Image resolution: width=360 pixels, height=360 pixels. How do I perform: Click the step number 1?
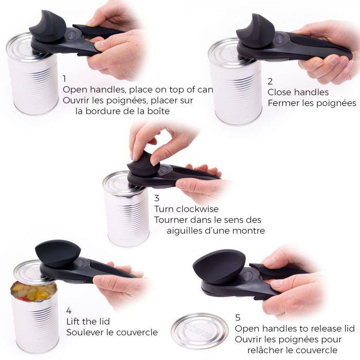point(64,79)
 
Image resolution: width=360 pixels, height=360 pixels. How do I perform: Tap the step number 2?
point(271,81)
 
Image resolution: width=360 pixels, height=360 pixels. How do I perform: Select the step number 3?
point(157,198)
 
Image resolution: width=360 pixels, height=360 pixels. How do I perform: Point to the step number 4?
point(69,310)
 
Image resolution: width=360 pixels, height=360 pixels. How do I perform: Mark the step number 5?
point(238,317)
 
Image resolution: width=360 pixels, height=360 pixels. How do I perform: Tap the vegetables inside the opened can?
point(34,291)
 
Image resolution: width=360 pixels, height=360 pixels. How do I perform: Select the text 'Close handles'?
point(298,93)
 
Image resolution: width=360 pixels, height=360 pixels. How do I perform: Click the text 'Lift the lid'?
point(88,321)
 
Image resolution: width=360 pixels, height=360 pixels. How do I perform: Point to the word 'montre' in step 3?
point(247,231)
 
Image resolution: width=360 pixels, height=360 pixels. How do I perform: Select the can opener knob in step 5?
point(219,266)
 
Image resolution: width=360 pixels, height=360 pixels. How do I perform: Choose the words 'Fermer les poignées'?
point(312,103)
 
